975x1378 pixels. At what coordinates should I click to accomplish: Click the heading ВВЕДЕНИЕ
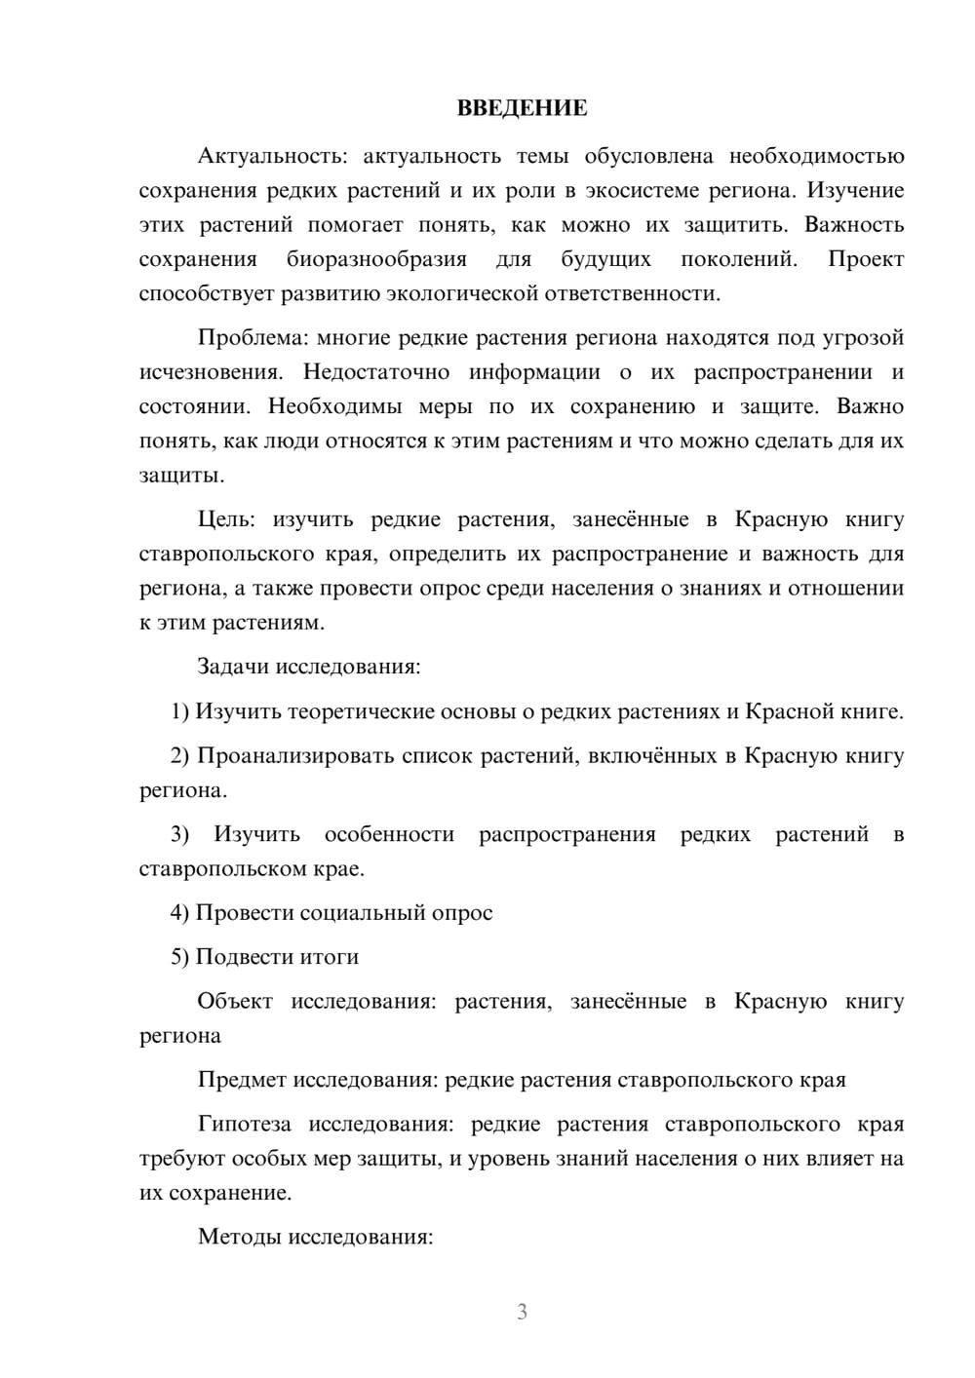coord(522,108)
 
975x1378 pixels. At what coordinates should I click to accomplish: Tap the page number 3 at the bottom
coord(522,1312)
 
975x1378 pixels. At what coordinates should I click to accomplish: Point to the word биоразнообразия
coord(376,259)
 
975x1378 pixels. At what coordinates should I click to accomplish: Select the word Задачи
coord(233,668)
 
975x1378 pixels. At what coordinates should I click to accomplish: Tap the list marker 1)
coord(180,711)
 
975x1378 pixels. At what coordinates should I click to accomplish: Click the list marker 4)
coord(180,913)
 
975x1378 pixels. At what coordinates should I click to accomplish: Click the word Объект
coord(235,1002)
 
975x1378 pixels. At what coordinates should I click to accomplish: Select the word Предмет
coord(242,1080)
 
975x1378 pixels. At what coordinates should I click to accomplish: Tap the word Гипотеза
coord(245,1125)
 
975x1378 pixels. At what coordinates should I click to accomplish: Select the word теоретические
coord(361,711)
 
